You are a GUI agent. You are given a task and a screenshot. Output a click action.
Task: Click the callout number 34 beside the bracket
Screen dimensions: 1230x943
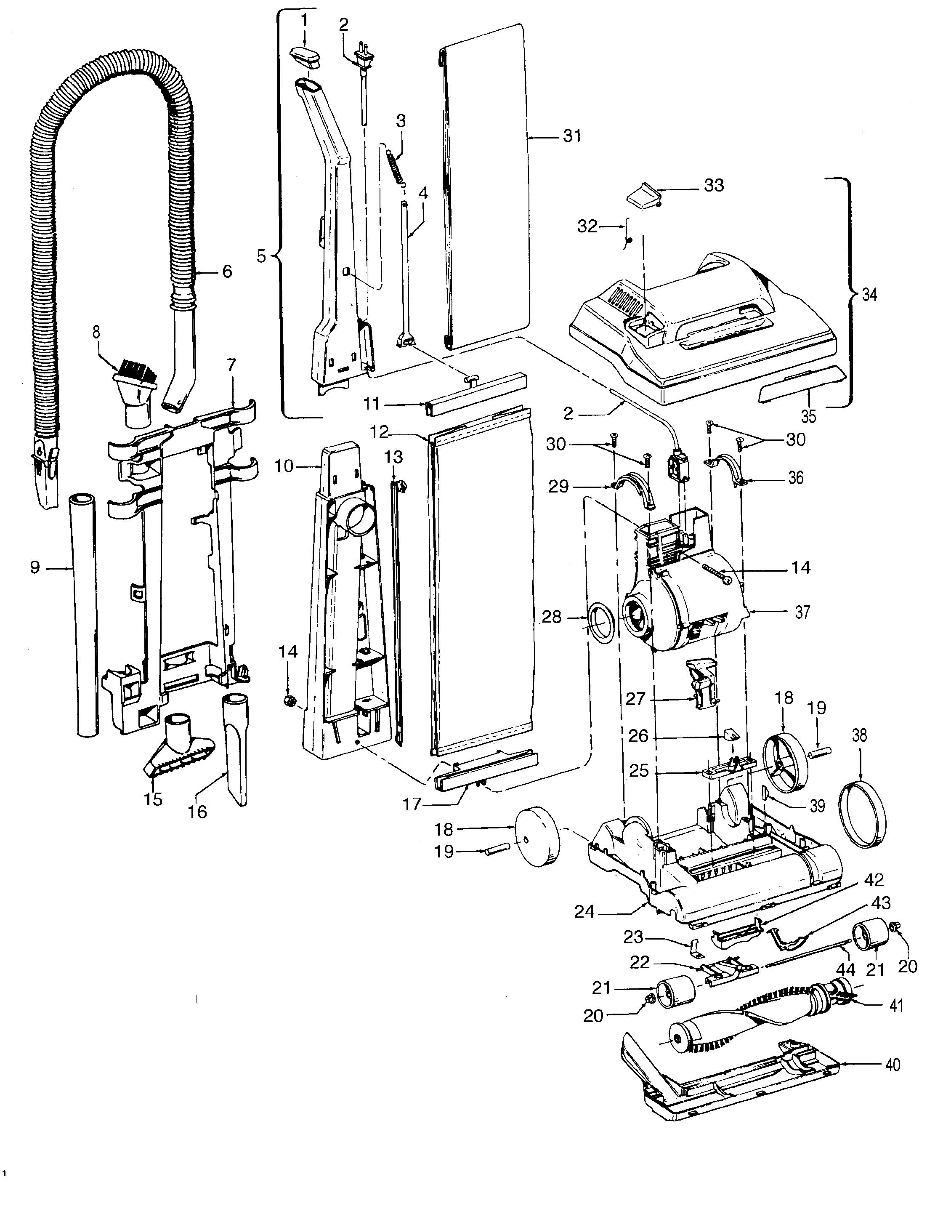click(x=869, y=294)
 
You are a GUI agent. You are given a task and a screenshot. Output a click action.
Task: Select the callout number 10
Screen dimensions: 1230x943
click(x=284, y=466)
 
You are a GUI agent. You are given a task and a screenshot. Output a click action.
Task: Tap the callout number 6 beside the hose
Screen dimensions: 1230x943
click(x=227, y=272)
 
